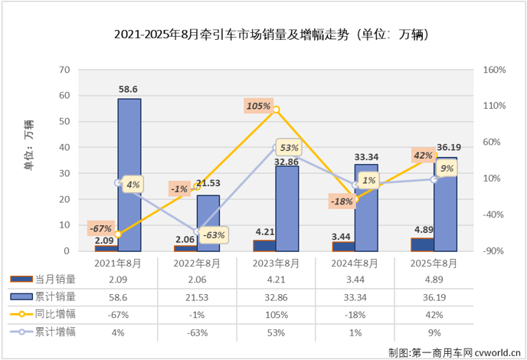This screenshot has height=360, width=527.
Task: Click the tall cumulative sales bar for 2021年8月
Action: [129, 175]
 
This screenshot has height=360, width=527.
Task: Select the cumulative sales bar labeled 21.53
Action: [208, 223]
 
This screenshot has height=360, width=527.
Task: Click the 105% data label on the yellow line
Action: [258, 106]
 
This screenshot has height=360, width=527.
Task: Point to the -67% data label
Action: [100, 228]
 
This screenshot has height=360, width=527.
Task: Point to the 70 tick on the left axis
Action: [65, 70]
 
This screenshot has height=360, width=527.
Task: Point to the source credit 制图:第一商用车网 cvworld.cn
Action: [453, 352]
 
